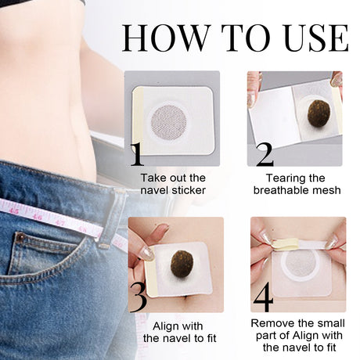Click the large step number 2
[x=265, y=154]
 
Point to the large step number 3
[x=138, y=298]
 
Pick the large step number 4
[x=265, y=298]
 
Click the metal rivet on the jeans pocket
[x=20, y=237]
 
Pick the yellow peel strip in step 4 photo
[x=286, y=243]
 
